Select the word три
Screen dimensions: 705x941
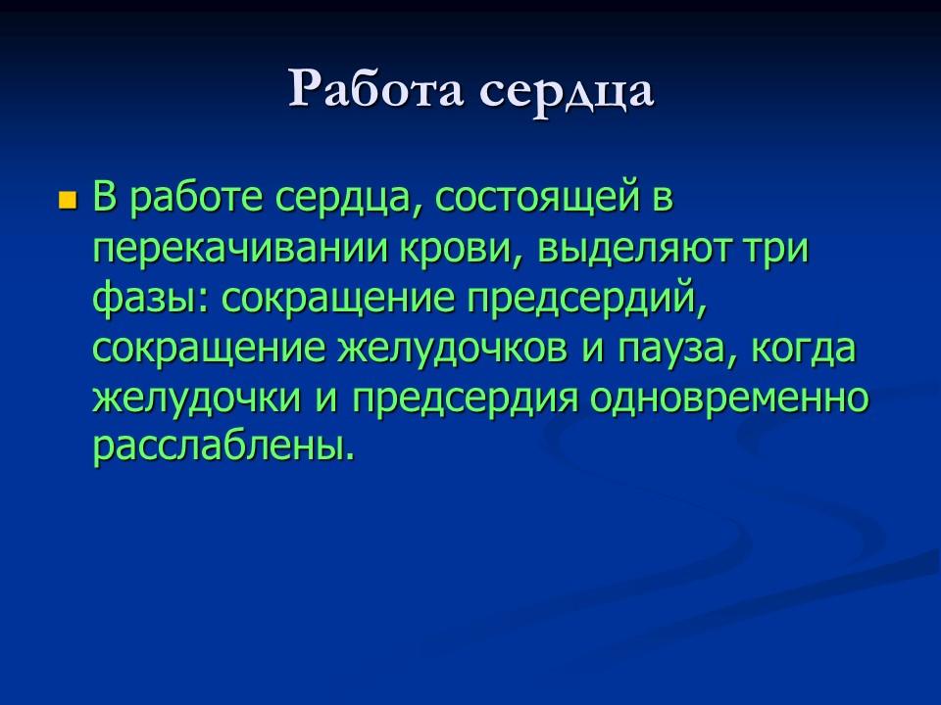coord(780,250)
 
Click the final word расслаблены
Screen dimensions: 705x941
coord(222,449)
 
